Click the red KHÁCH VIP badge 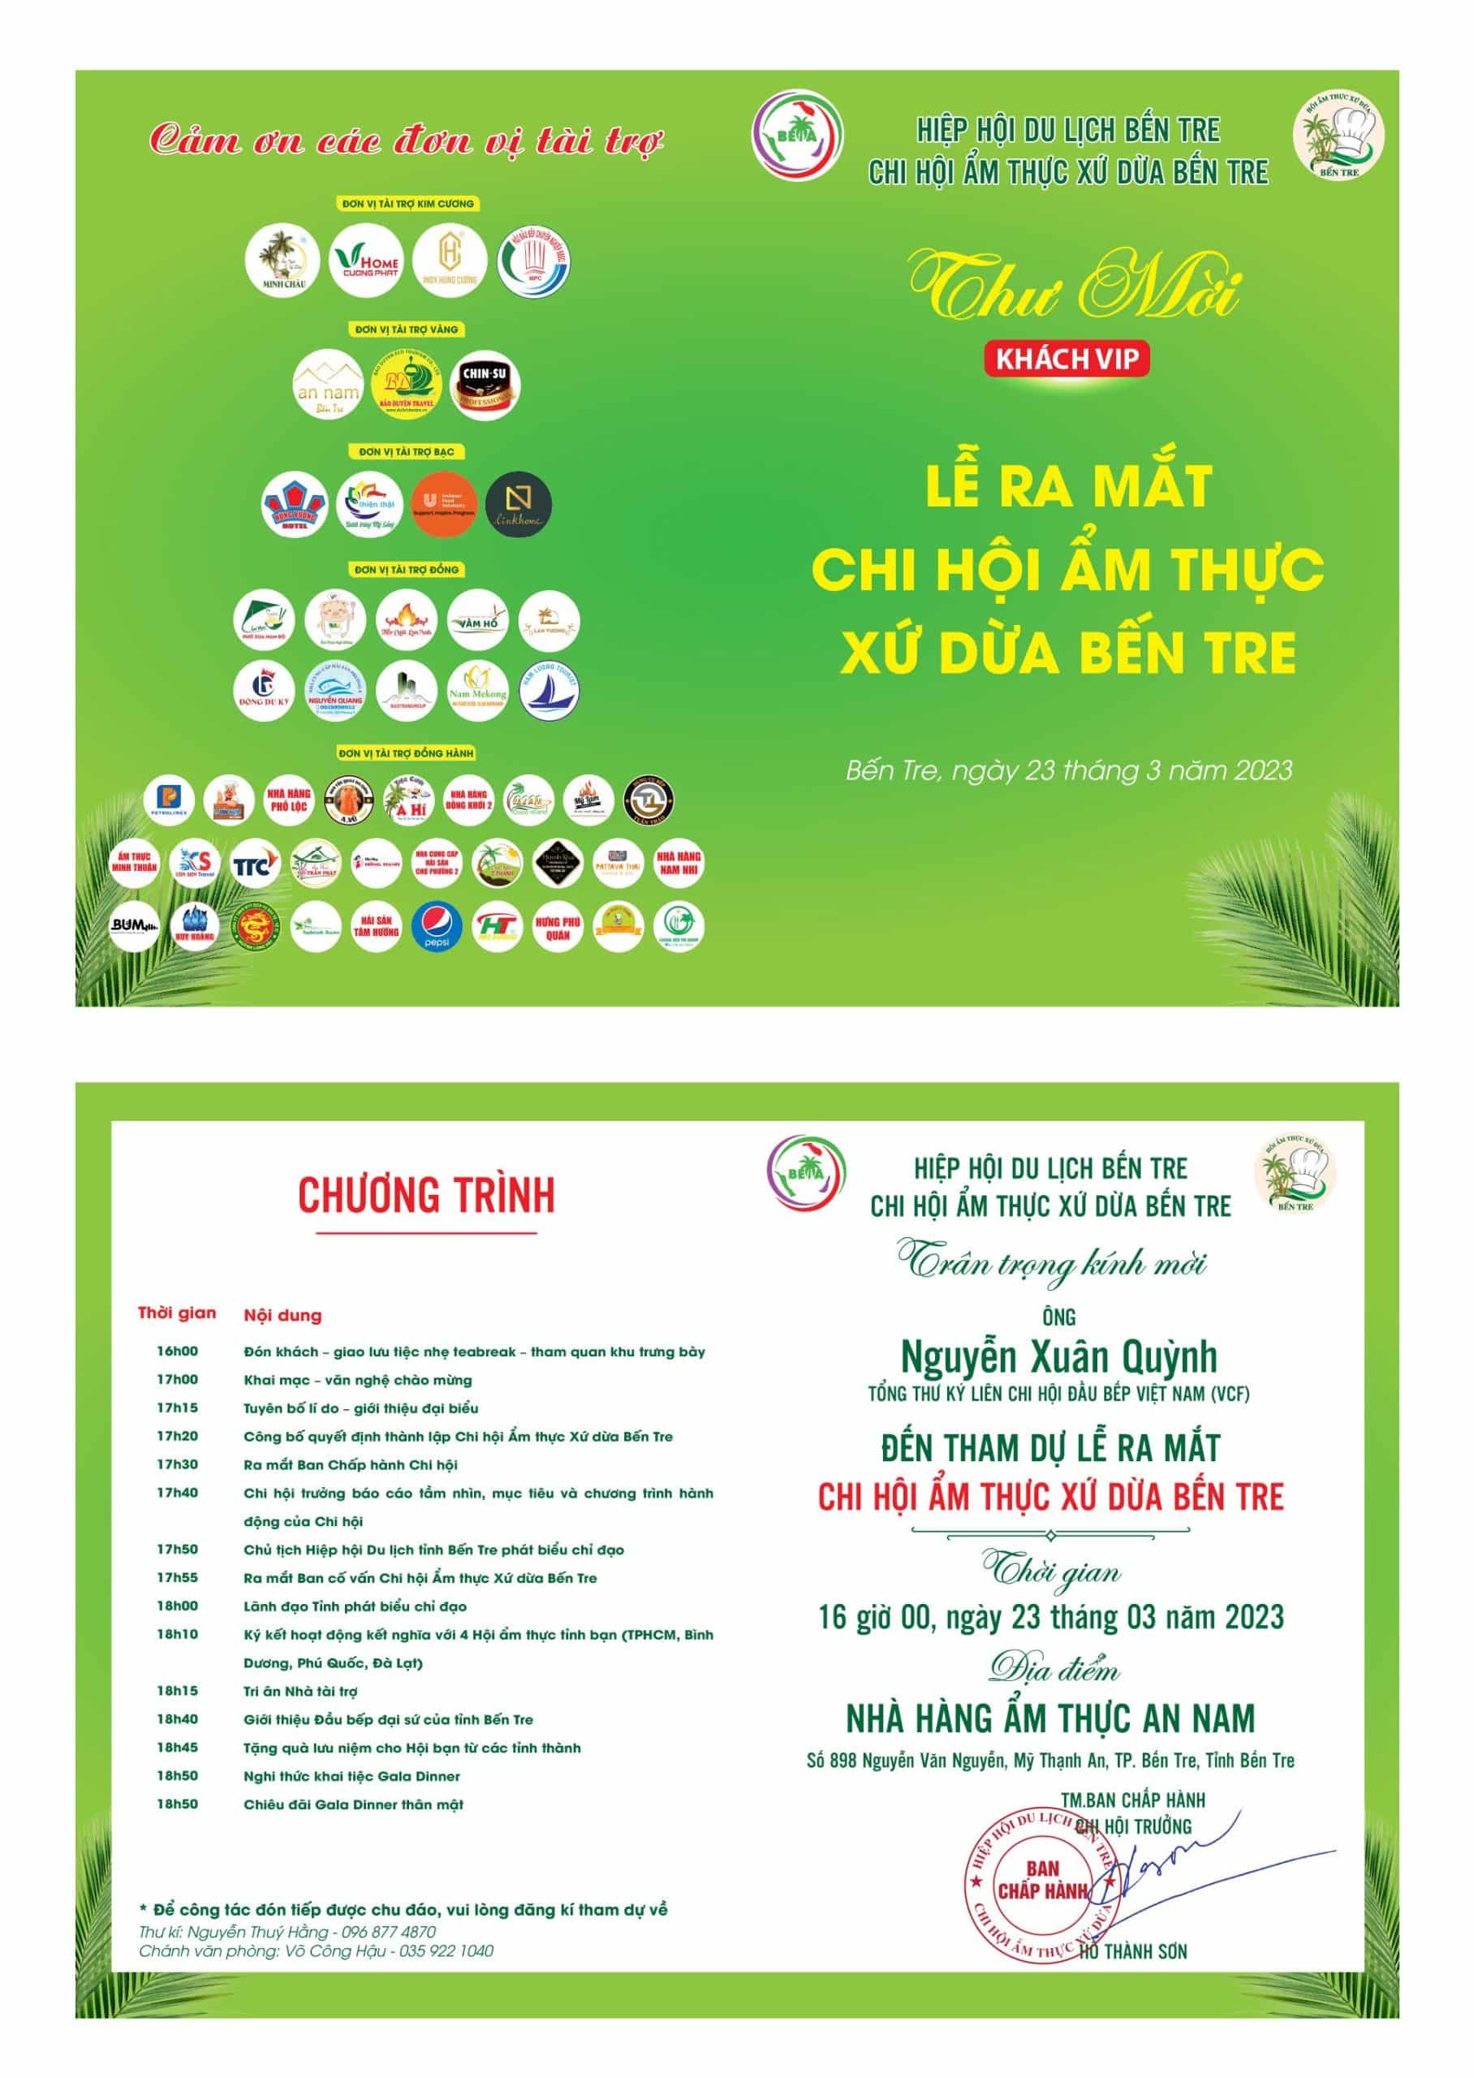point(1067,360)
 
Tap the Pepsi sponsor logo point(437,926)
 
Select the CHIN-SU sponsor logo point(485,385)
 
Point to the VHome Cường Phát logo point(365,261)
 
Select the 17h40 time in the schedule point(177,1492)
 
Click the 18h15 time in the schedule point(177,1691)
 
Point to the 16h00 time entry point(177,1352)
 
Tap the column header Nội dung point(282,1315)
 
